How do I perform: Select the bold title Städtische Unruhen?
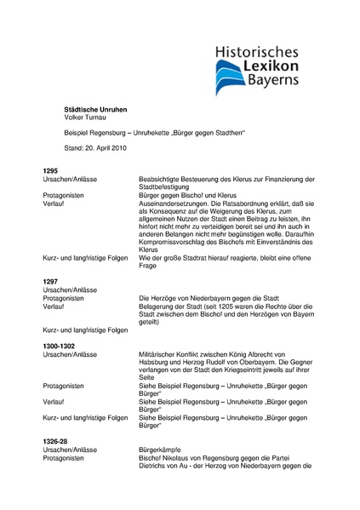pos(96,111)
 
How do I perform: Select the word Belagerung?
pos(157,306)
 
